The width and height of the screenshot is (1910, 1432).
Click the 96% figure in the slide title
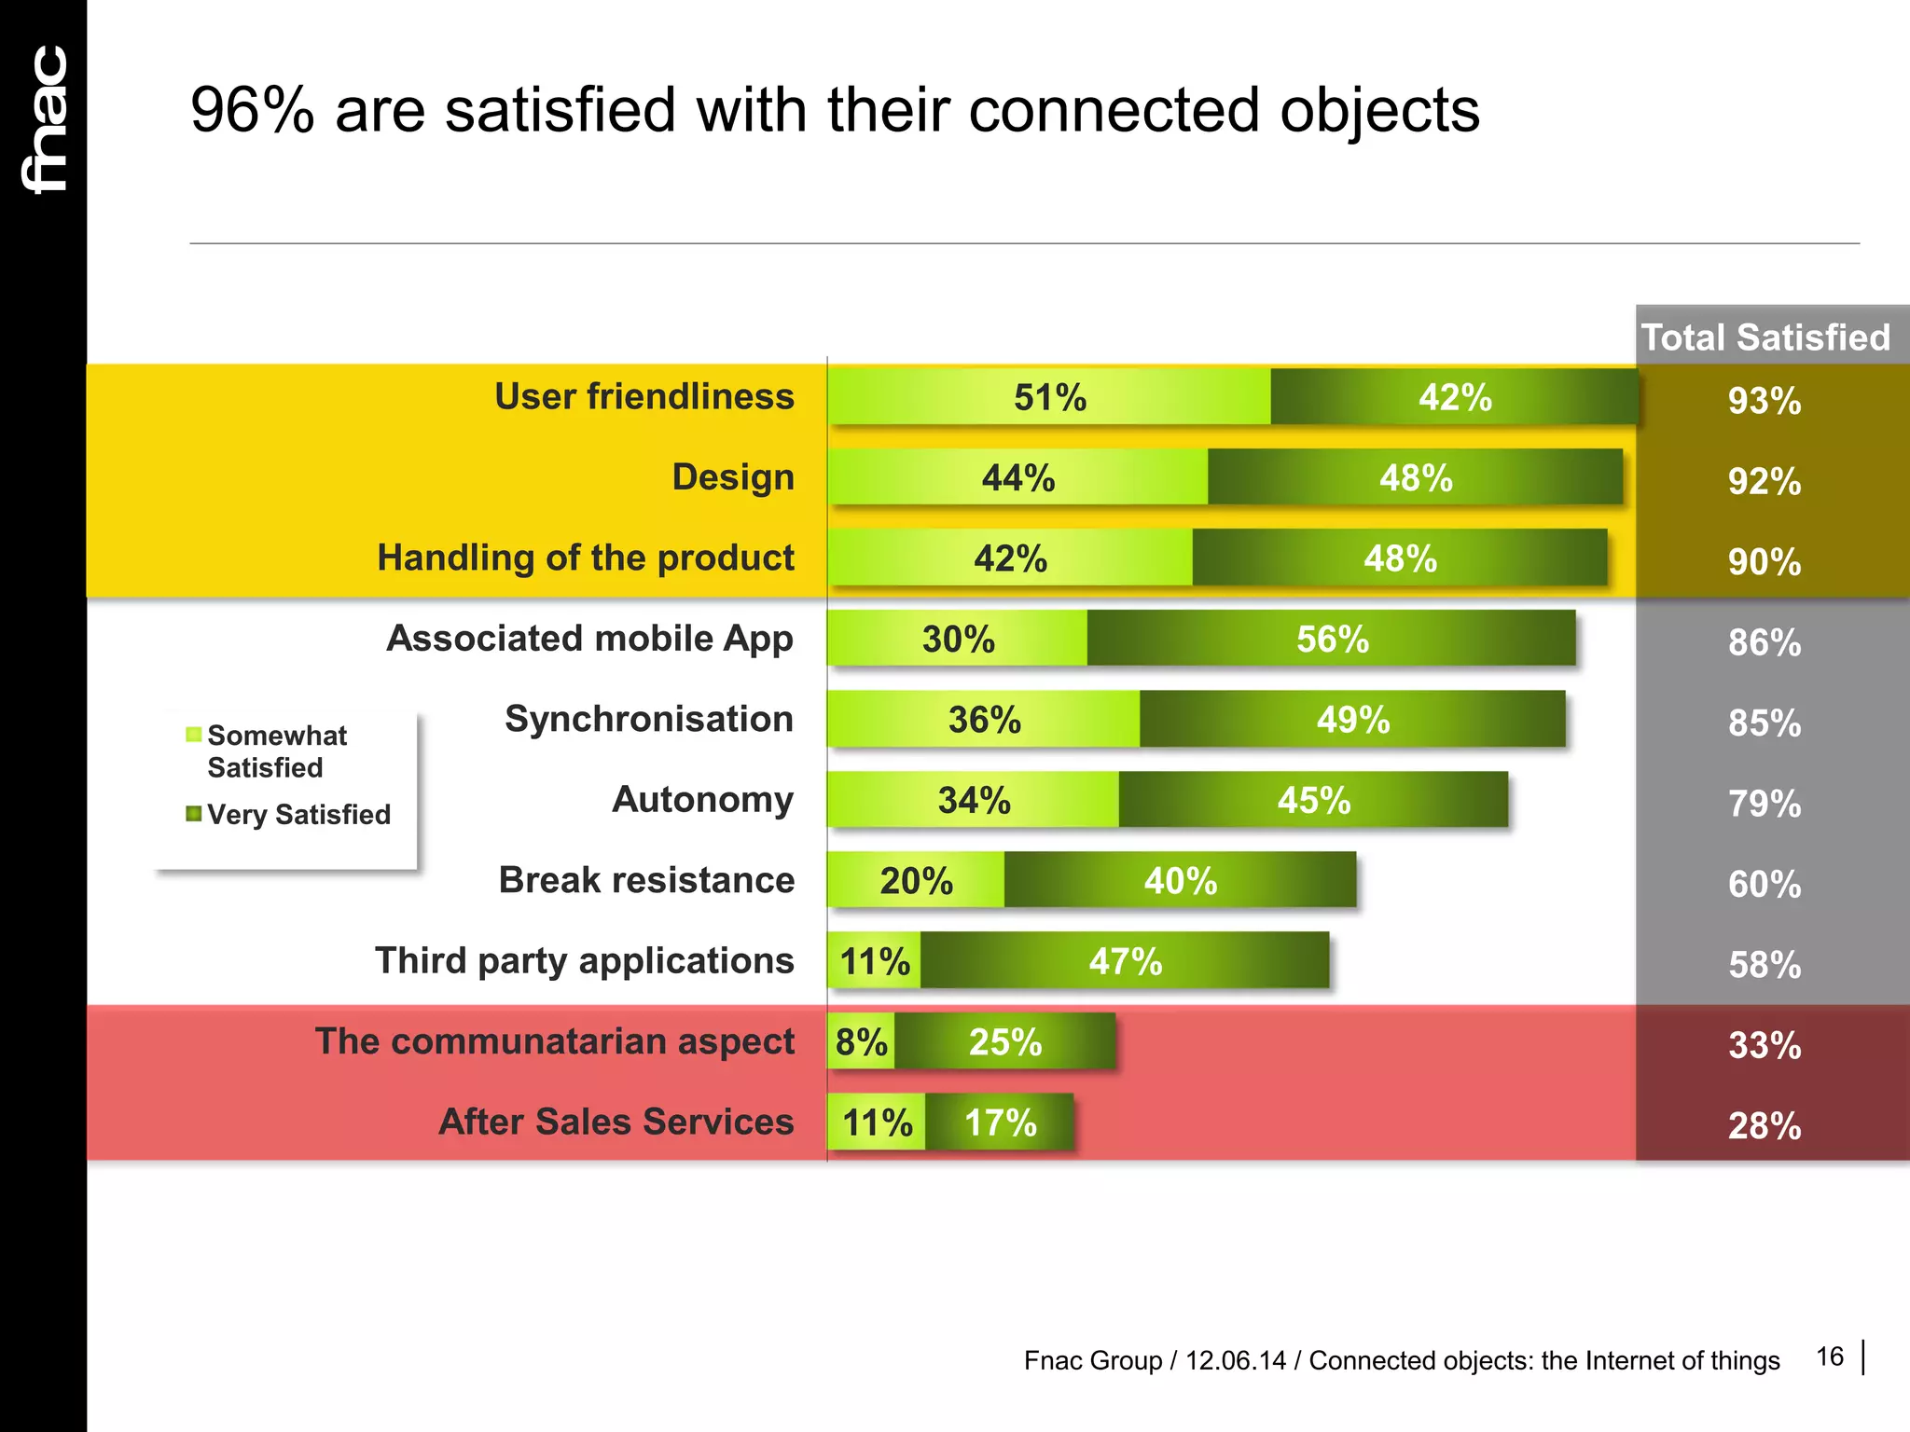(x=252, y=111)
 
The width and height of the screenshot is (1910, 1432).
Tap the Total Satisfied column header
(x=1765, y=337)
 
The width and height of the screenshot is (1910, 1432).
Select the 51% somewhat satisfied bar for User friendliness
(x=1049, y=398)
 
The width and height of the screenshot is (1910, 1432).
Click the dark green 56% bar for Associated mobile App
(x=1331, y=640)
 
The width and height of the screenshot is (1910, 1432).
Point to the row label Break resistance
(x=646, y=880)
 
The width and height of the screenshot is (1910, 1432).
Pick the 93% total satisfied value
(x=1764, y=401)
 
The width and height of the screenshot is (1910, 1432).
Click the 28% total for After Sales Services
(x=1764, y=1126)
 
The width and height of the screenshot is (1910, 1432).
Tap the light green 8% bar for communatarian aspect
(x=861, y=1042)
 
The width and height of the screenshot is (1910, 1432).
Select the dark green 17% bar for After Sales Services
(x=1000, y=1122)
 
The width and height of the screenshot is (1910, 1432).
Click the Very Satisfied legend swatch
(x=194, y=814)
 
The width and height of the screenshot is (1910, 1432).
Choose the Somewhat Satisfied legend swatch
(x=194, y=735)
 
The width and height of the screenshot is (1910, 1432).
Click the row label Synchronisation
(x=649, y=719)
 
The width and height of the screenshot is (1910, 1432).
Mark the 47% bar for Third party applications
(x=1125, y=961)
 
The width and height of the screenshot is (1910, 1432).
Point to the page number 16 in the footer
(x=1830, y=1356)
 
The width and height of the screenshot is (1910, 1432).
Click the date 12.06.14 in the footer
(x=1235, y=1361)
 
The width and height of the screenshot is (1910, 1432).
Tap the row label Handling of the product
(x=586, y=558)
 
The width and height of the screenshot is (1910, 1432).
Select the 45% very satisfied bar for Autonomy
(x=1313, y=801)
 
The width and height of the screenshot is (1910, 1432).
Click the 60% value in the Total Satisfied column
(x=1764, y=885)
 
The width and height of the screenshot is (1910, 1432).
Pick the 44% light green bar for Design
(x=1017, y=478)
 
